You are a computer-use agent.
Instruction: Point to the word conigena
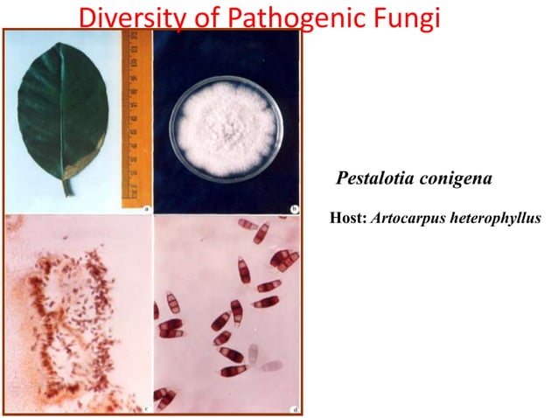click(x=455, y=179)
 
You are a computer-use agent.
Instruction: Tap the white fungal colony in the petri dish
click(x=227, y=131)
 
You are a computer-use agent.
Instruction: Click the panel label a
click(x=143, y=208)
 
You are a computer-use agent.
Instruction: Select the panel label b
click(x=293, y=208)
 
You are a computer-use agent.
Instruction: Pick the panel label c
click(x=143, y=406)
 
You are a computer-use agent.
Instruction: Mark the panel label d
click(x=293, y=406)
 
